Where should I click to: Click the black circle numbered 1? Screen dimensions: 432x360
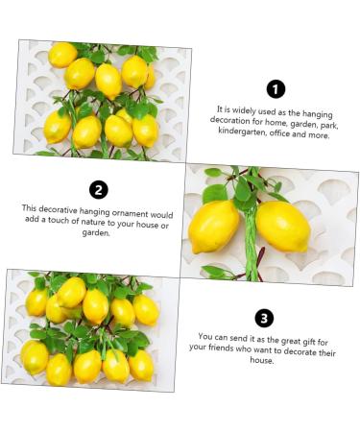[x=276, y=89]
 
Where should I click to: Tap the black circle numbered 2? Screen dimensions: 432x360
[x=97, y=189]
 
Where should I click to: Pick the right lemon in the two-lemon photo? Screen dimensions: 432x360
[x=283, y=225]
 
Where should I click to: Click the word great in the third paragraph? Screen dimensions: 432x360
[x=274, y=337]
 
